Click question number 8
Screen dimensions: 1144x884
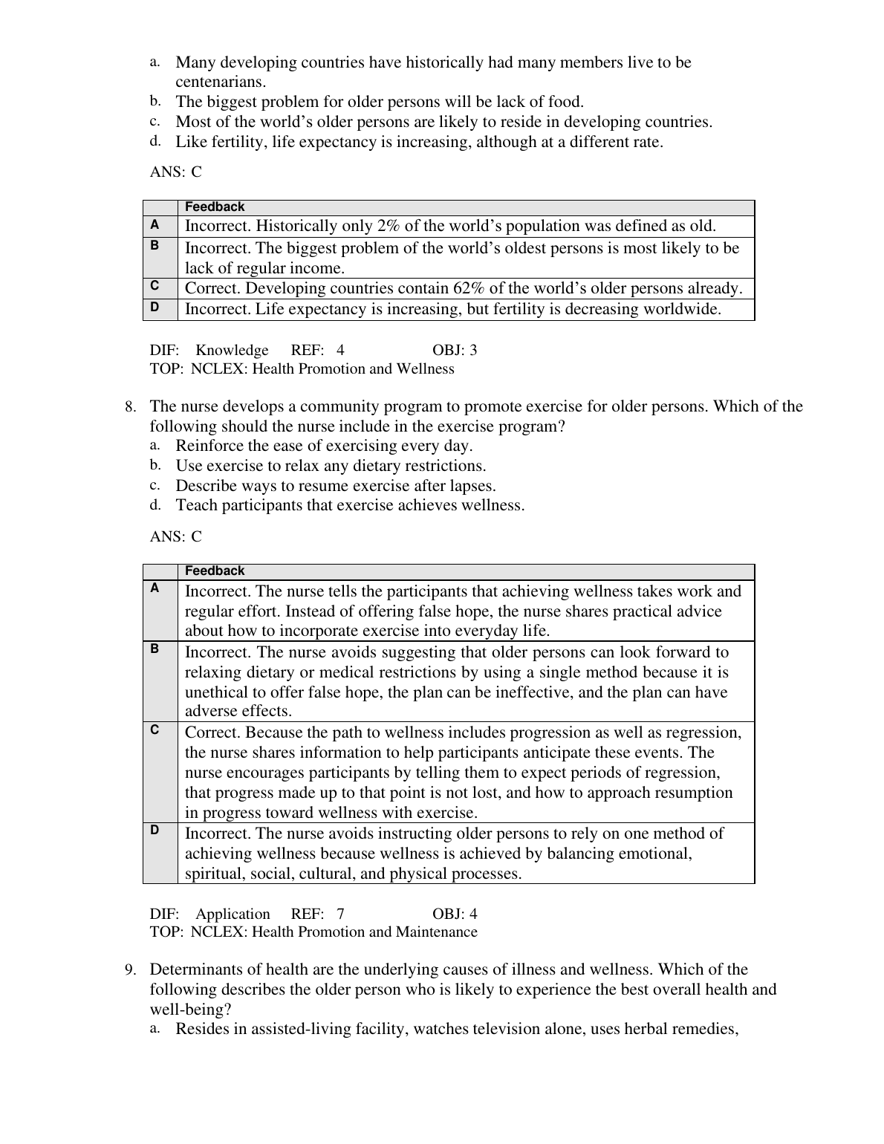coord(130,407)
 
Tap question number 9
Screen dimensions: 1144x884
coord(130,970)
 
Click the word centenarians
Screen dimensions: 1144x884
coord(220,82)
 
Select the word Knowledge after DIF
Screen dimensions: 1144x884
coord(232,351)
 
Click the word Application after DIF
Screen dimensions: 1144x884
coord(233,914)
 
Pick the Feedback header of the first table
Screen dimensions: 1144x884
coord(215,207)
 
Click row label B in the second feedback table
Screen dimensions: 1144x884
coord(155,649)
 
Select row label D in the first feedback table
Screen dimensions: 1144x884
coord(155,306)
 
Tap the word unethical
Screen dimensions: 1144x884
coord(218,692)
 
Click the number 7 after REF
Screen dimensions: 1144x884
coord(340,914)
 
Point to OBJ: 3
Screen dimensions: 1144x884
coord(455,351)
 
